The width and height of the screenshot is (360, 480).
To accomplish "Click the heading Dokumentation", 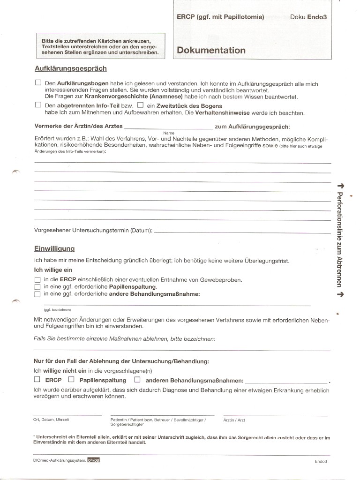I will click(211, 51).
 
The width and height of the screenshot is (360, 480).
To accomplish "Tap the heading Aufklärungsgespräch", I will click(71, 68).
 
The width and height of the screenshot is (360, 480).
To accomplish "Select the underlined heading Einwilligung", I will click(54, 248).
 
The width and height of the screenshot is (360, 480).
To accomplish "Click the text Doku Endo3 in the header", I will click(308, 17).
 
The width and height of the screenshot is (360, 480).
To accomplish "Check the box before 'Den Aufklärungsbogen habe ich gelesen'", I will click(38, 82).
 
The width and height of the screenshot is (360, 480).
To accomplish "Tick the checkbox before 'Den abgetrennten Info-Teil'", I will click(38, 105).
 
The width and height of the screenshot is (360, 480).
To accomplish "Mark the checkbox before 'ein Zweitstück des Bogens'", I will click(140, 105).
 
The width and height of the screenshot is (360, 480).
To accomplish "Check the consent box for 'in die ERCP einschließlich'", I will click(37, 280).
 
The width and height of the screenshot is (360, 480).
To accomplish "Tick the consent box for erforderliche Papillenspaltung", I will click(37, 287).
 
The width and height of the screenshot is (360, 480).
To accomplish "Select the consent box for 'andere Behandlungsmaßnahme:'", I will click(37, 294).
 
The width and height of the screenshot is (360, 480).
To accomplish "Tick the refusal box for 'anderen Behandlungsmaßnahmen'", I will click(137, 379).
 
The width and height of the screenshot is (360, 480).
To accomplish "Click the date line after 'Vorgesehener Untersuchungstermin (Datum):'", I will click(242, 232).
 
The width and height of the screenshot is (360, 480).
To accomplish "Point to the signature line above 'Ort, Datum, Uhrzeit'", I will click(67, 415).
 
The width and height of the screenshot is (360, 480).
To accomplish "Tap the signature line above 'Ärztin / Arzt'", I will click(275, 415).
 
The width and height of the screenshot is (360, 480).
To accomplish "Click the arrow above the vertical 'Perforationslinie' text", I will click(340, 186).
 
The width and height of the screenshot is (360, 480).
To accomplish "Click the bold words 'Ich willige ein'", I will click(53, 270).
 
